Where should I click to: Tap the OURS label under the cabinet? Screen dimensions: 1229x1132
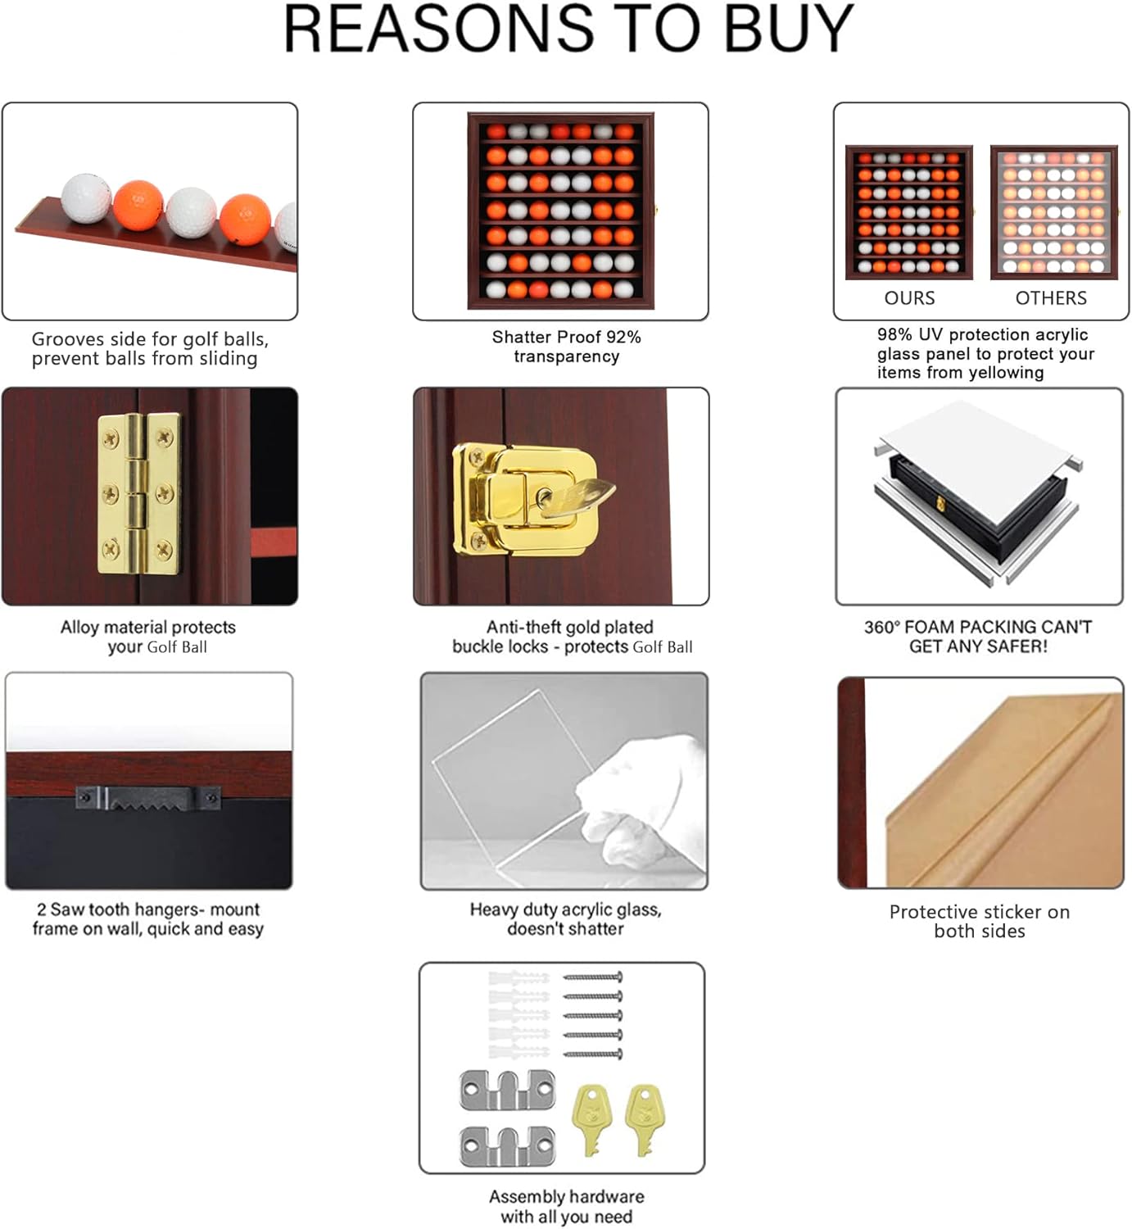909,298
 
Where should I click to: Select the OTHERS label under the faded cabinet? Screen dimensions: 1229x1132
1051,298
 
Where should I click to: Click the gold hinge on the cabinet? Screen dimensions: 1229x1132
138,493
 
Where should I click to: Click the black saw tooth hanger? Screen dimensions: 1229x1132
148,798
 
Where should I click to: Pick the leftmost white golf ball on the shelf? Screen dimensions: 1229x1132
86,197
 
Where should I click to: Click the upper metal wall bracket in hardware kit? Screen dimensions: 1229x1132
507,1091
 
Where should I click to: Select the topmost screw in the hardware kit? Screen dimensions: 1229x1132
593,977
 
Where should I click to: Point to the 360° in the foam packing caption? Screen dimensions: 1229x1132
881,628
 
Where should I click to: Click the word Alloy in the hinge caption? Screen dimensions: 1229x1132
79,628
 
